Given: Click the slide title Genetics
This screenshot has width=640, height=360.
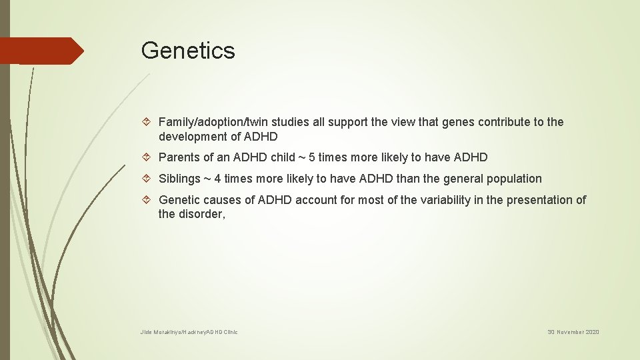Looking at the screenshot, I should click(188, 51).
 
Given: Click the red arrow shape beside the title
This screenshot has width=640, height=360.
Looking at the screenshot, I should click(41, 51).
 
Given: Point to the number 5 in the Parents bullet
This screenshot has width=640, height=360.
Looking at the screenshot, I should click(313, 158).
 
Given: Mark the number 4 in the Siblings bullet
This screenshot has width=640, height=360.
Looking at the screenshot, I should click(218, 179).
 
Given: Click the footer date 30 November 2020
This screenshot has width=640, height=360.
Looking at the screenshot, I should click(573, 332).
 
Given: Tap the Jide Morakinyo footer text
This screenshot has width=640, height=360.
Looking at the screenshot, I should click(189, 332).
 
